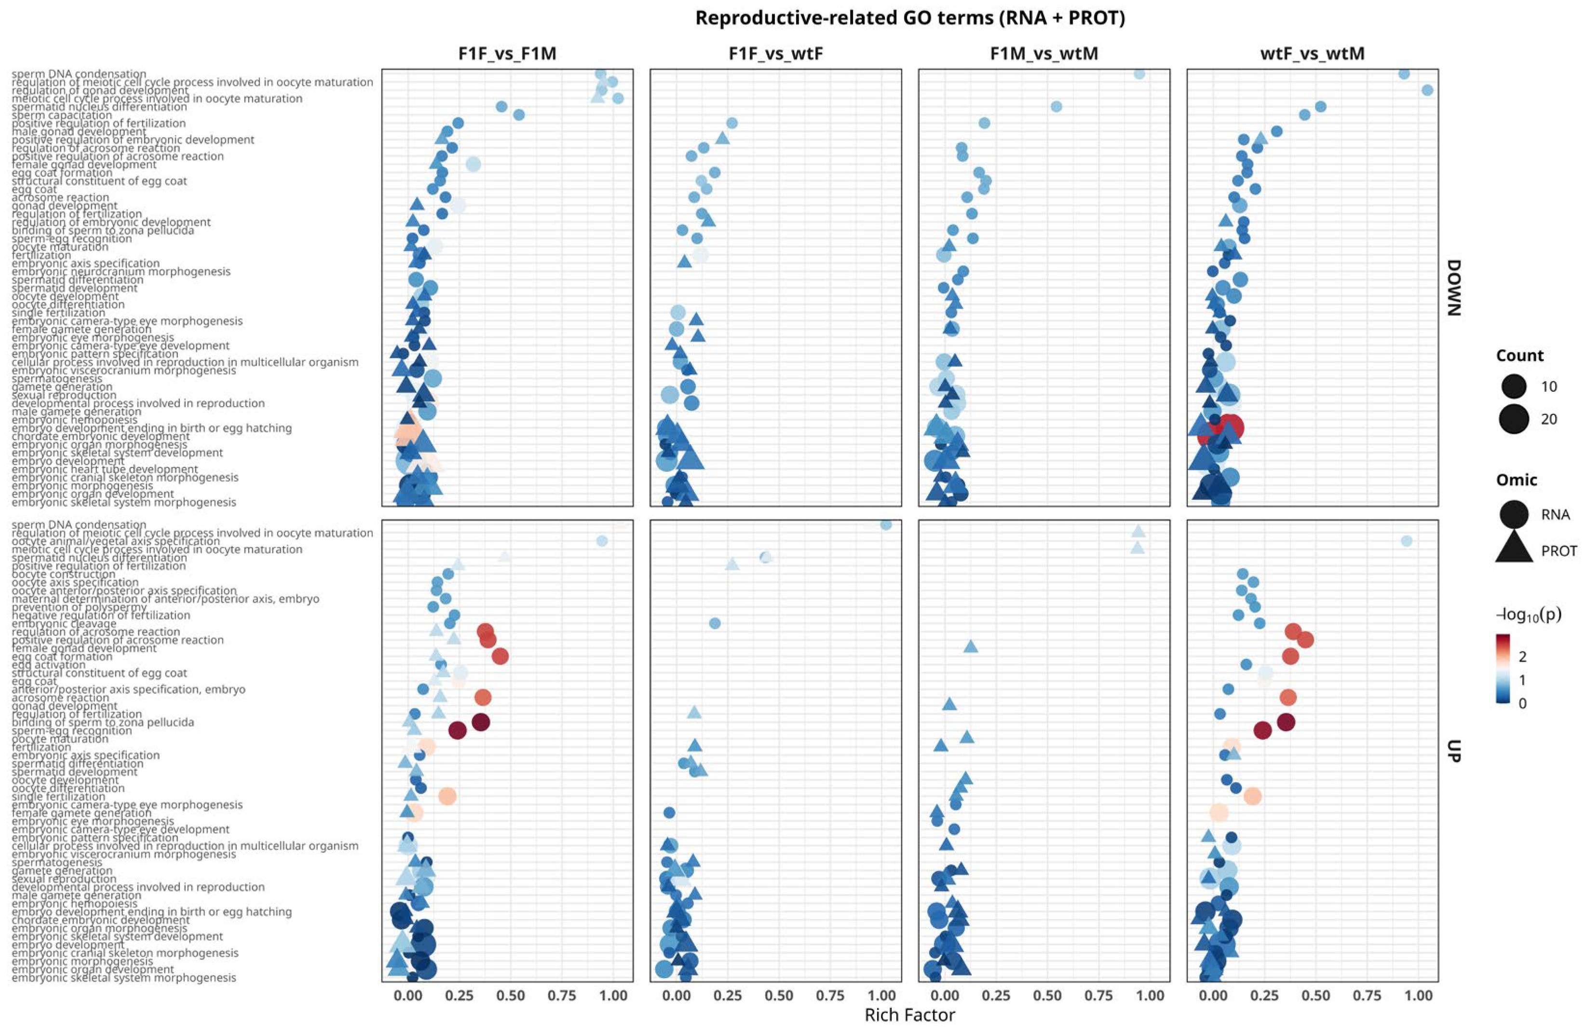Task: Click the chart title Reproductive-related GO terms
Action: [909, 18]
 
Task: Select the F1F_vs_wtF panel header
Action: [776, 54]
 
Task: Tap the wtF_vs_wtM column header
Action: [1312, 54]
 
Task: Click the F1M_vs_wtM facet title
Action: [1044, 54]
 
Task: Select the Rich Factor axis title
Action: [909, 1015]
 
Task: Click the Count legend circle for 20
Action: [1514, 419]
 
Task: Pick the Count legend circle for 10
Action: [1514, 386]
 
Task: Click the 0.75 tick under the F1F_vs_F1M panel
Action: [561, 995]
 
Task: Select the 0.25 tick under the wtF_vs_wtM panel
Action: [1264, 995]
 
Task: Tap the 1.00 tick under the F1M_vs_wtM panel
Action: [1150, 995]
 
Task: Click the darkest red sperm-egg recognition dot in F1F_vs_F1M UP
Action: [457, 730]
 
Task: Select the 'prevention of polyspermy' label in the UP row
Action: [79, 606]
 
